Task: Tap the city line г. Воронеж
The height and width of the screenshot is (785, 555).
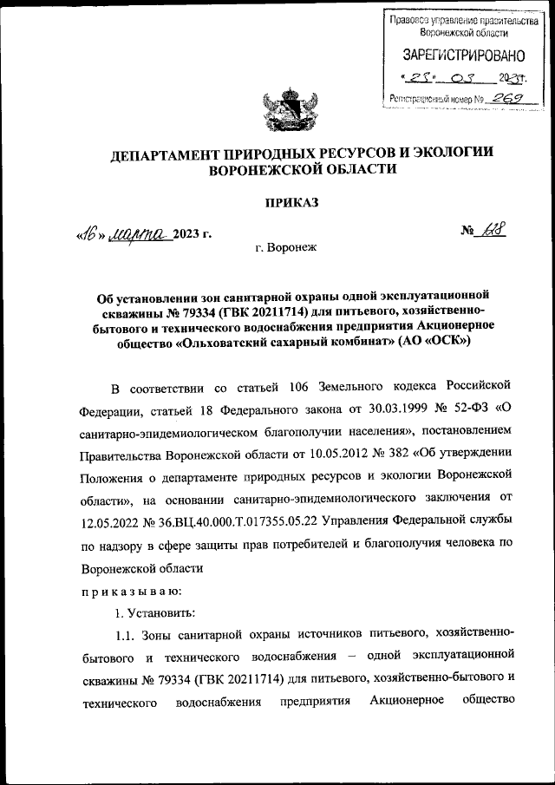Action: pyautogui.click(x=287, y=248)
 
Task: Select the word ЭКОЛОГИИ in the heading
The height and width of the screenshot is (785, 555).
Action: pyautogui.click(x=453, y=154)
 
